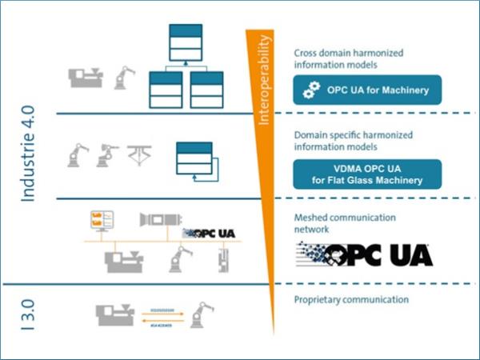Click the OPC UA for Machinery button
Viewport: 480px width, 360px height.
pos(367,90)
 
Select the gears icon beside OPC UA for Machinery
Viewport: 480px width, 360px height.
pos(311,91)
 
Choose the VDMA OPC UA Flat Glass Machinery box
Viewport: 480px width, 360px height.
pos(367,174)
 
